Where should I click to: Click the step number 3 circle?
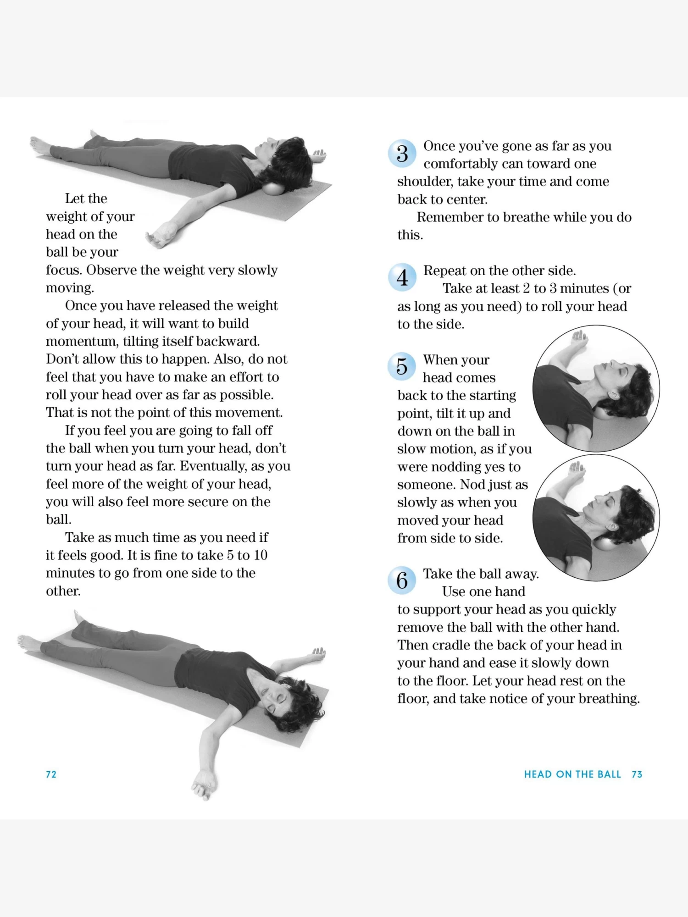coord(402,154)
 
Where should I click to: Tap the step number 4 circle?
coord(402,277)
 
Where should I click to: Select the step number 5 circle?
coord(402,366)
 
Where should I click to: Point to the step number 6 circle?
coord(402,580)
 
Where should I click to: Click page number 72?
coord(51,774)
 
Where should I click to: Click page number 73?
coord(637,774)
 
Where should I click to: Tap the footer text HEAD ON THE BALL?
coord(572,774)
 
